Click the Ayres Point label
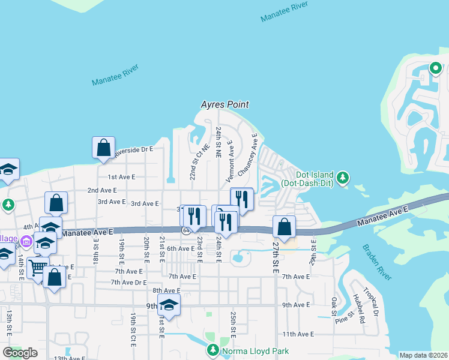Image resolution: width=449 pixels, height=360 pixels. point(224,104)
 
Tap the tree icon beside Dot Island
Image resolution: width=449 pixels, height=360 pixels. point(343,178)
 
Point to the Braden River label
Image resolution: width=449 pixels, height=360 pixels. point(377,262)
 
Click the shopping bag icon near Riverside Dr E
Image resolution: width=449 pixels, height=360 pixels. point(103,147)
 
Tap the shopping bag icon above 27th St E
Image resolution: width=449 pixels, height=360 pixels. point(284,227)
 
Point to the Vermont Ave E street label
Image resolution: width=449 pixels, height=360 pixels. point(229,162)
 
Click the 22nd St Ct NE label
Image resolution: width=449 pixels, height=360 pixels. point(196,162)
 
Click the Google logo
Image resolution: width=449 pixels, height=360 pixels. point(20,353)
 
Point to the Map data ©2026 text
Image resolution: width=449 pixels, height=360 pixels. point(423,355)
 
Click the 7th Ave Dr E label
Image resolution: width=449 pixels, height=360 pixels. point(129,283)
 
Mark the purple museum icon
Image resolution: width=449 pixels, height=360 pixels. point(25,242)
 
